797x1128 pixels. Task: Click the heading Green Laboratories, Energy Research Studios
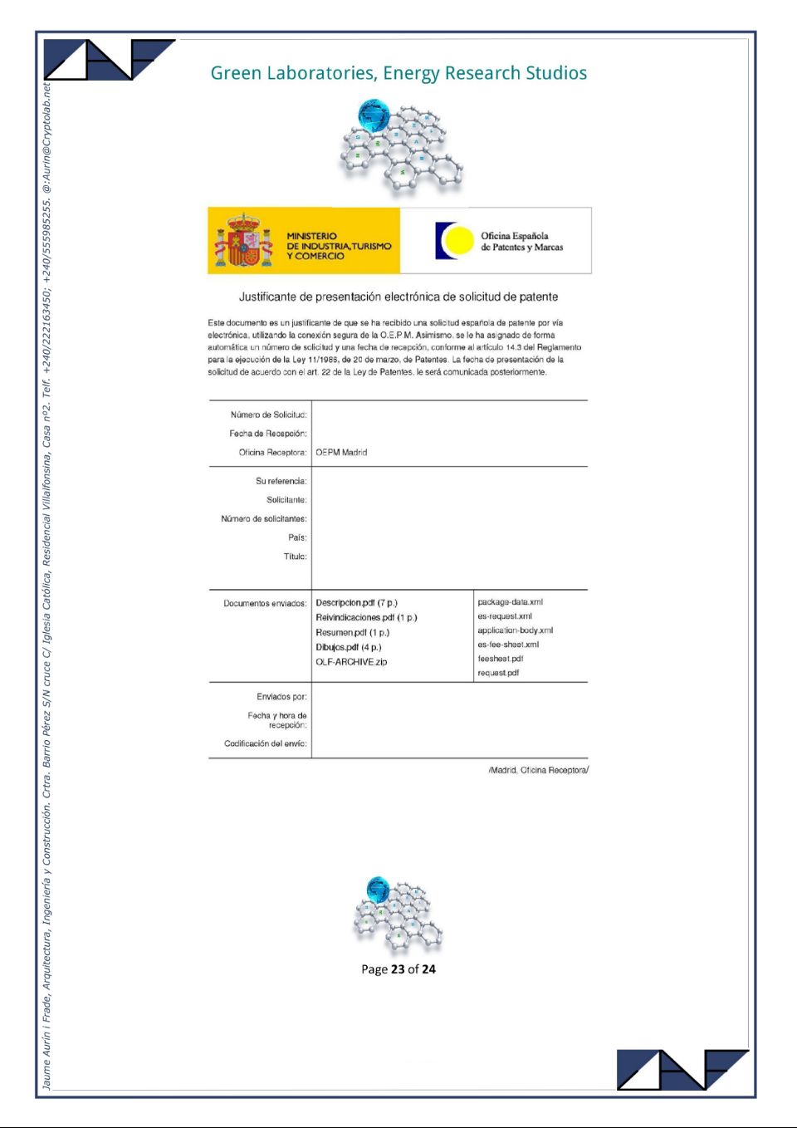tap(398, 73)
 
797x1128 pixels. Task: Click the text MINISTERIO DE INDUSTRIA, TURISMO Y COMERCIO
tap(338, 246)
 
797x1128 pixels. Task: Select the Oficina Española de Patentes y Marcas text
tap(521, 242)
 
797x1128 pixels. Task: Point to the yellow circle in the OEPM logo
tap(457, 241)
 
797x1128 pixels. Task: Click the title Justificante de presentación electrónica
tap(398, 297)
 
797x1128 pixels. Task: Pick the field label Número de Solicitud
tap(268, 414)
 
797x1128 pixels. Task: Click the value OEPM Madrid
tap(341, 453)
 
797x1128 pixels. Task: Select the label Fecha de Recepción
tap(267, 434)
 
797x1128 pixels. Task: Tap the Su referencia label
tap(281, 481)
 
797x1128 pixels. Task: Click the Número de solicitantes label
tap(263, 519)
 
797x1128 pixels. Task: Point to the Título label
tap(295, 557)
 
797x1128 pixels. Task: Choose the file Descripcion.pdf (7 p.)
tap(356, 603)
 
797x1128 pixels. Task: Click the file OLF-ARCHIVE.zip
tap(351, 662)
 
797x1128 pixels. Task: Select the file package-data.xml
tap(510, 602)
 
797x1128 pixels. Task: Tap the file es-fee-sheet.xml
tap(508, 645)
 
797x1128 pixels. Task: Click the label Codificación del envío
tap(265, 743)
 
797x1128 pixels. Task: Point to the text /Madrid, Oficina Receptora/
tap(538, 770)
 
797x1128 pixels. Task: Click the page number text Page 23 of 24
tap(398, 969)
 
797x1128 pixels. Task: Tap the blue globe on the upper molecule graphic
tap(374, 114)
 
